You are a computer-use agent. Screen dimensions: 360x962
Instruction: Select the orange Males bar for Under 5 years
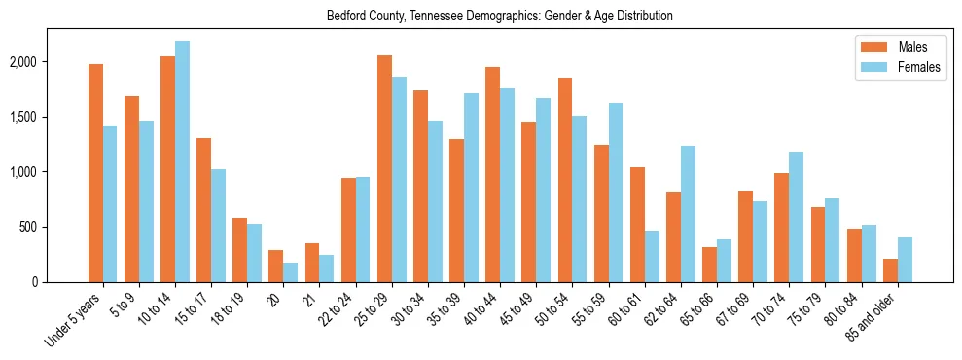(x=95, y=173)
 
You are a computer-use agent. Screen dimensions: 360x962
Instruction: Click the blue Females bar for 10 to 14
(x=182, y=162)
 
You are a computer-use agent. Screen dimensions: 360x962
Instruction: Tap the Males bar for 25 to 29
(x=384, y=169)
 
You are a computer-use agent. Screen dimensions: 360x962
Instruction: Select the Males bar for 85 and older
(x=890, y=270)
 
